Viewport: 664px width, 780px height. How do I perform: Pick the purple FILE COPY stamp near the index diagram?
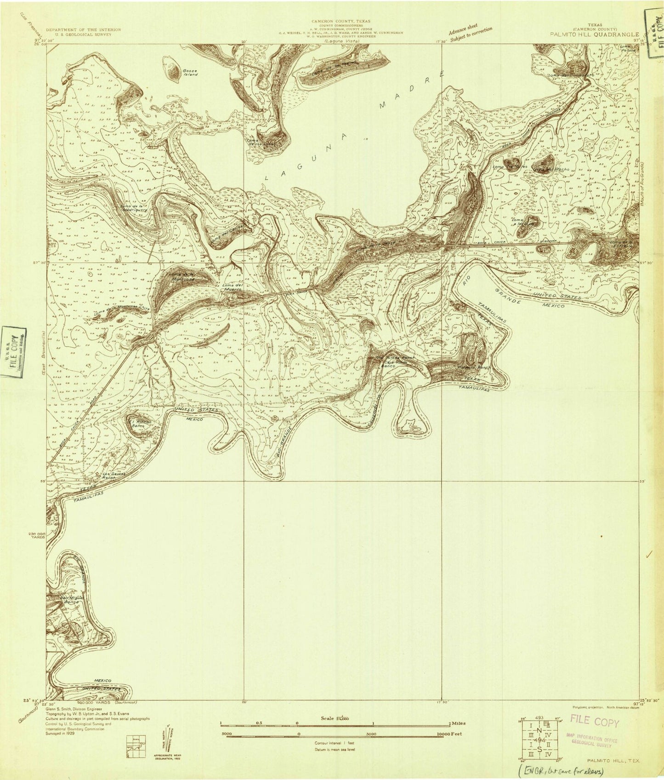point(596,723)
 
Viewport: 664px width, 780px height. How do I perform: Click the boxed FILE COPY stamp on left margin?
point(13,352)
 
